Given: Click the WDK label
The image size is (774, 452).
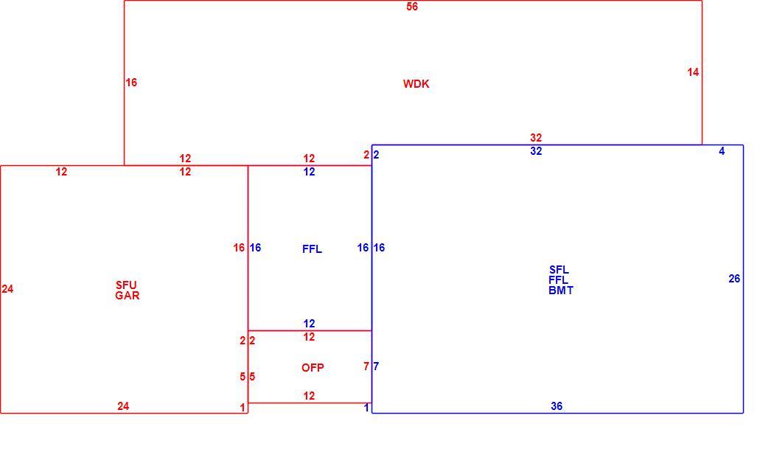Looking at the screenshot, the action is click(x=416, y=84).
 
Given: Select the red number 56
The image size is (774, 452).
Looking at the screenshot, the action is click(x=412, y=7).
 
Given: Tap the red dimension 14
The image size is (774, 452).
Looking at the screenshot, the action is click(x=693, y=72).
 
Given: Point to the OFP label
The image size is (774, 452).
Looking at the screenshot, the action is click(x=313, y=367).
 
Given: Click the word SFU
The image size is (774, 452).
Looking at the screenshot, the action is click(x=126, y=285).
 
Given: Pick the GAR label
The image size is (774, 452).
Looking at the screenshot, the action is click(x=128, y=296).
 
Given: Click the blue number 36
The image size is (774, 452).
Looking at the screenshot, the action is click(x=557, y=406).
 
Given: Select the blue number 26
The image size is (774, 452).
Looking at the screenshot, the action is click(x=734, y=279).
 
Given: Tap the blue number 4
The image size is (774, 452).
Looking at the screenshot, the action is click(x=722, y=151).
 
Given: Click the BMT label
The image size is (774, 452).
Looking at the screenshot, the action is click(x=561, y=291).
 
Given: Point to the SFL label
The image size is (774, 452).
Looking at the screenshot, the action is click(x=559, y=270).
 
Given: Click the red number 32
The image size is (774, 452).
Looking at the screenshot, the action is click(x=536, y=138).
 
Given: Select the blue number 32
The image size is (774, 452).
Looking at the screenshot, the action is click(x=536, y=151).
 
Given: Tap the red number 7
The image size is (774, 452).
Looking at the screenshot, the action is click(x=366, y=366).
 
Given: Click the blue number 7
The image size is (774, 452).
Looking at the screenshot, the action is click(x=376, y=366).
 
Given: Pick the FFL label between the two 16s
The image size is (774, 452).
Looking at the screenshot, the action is click(x=312, y=249).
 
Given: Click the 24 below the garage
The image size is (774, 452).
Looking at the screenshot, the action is click(x=123, y=406).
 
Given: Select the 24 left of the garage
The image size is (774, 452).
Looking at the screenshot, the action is click(x=7, y=289).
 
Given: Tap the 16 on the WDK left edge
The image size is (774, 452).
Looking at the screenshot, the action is click(x=130, y=83).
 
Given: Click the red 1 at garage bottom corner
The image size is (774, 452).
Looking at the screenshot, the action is click(x=243, y=408).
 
